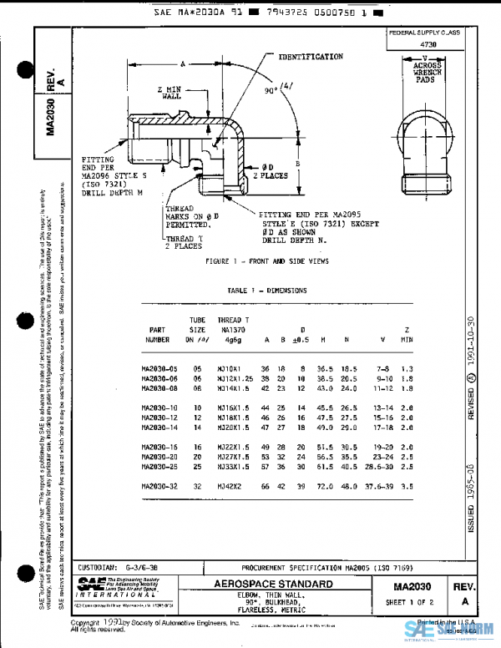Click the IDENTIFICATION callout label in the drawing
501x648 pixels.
tap(311, 57)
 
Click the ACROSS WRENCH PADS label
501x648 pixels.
tap(427, 71)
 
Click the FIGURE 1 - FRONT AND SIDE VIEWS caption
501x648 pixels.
tap(266, 261)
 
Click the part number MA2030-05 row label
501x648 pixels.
tap(164, 368)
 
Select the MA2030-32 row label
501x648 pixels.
tap(164, 486)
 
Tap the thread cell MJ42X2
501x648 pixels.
tap(229, 486)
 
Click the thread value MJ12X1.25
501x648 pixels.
tap(235, 378)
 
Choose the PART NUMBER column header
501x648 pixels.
tap(158, 335)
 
